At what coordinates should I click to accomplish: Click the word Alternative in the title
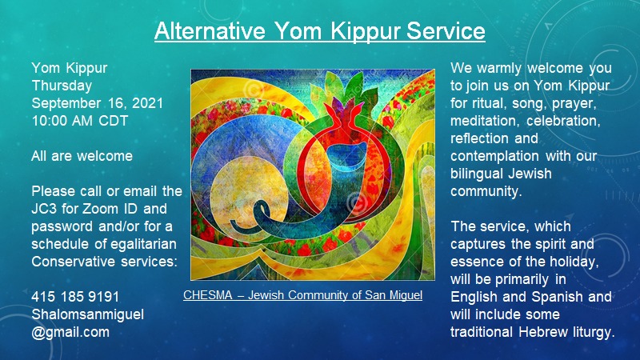[210, 30]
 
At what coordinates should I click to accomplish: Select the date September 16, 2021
[97, 103]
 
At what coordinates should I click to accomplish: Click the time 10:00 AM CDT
[80, 121]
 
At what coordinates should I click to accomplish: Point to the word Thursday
[62, 86]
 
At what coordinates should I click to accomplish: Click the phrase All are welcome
[82, 156]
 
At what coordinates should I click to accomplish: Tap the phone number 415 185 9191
[75, 297]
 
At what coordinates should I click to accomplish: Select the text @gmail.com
[70, 332]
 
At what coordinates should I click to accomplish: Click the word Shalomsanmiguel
[88, 314]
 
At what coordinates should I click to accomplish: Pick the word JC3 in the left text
[45, 209]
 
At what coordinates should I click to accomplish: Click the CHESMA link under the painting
[302, 295]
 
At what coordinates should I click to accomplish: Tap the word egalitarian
[144, 244]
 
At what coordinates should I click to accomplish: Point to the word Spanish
[557, 297]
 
